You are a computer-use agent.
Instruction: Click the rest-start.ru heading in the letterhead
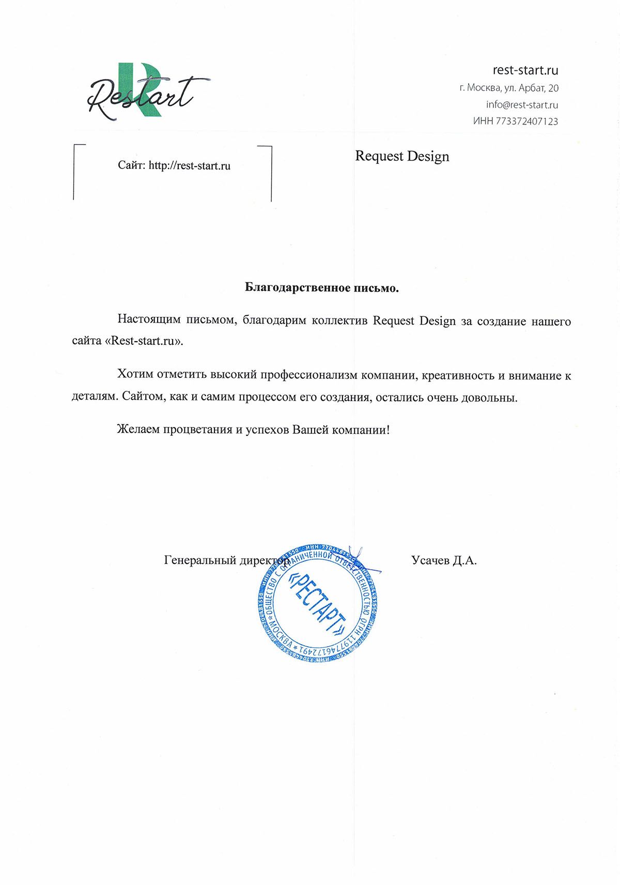pos(525,70)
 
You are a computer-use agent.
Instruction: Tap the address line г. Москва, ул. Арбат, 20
pos(508,88)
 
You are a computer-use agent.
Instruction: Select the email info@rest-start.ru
pos(522,104)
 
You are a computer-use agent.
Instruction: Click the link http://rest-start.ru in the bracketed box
pos(190,166)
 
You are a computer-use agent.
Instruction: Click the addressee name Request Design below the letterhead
pos(402,156)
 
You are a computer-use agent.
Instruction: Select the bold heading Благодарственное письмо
pos(322,288)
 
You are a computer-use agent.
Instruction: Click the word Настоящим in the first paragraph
pos(149,319)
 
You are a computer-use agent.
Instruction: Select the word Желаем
pos(138,430)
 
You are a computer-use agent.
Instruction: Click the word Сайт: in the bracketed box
pos(131,166)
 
